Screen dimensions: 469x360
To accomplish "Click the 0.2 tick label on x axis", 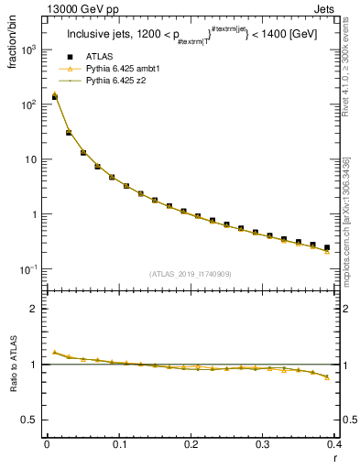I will tap(191, 446).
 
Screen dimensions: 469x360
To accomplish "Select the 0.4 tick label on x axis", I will tap(334, 446).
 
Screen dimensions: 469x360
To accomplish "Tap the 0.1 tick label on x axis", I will tap(119, 446).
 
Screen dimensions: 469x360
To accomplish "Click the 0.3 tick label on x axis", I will tap(263, 446).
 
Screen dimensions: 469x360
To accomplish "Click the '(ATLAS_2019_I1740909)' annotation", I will tap(189, 273).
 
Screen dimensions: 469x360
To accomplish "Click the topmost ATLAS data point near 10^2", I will tap(54, 96).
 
